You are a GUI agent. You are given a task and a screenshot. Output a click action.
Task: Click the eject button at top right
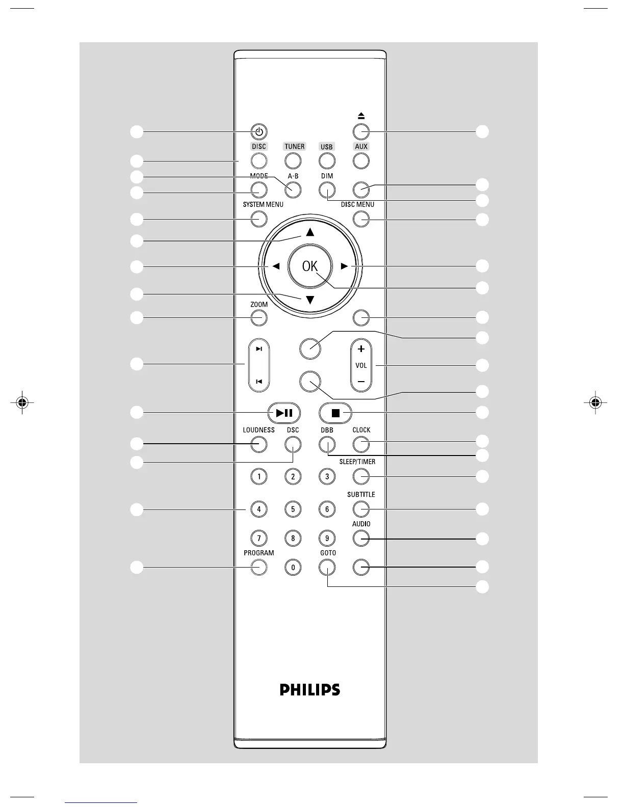pos(361,131)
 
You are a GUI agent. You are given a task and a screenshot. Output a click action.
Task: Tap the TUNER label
pos(294,147)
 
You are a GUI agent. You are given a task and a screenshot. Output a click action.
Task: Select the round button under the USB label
pos(327,161)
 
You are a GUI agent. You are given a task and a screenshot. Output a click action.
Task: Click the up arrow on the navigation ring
pos(310,232)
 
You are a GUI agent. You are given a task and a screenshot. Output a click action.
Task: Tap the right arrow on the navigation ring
pos(345,266)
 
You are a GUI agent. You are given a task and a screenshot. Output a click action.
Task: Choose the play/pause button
pos(284,413)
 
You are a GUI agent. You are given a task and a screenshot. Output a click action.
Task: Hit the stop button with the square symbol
pos(335,413)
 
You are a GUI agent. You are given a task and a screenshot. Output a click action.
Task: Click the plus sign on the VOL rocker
pos(361,349)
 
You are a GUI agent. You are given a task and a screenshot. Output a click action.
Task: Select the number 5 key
pos(293,509)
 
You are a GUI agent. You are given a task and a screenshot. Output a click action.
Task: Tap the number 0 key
pos(293,567)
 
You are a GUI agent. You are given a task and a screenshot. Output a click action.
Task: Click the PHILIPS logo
pos(309,690)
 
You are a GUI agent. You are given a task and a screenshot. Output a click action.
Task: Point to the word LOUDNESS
pos(258,430)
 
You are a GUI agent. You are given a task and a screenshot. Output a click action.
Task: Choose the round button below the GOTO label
pos(327,567)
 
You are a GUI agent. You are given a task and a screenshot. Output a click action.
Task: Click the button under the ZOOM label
pos(259,318)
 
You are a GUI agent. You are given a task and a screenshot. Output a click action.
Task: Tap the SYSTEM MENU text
pos(263,205)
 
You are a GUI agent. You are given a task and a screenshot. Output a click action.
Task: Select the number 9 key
pos(327,538)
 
